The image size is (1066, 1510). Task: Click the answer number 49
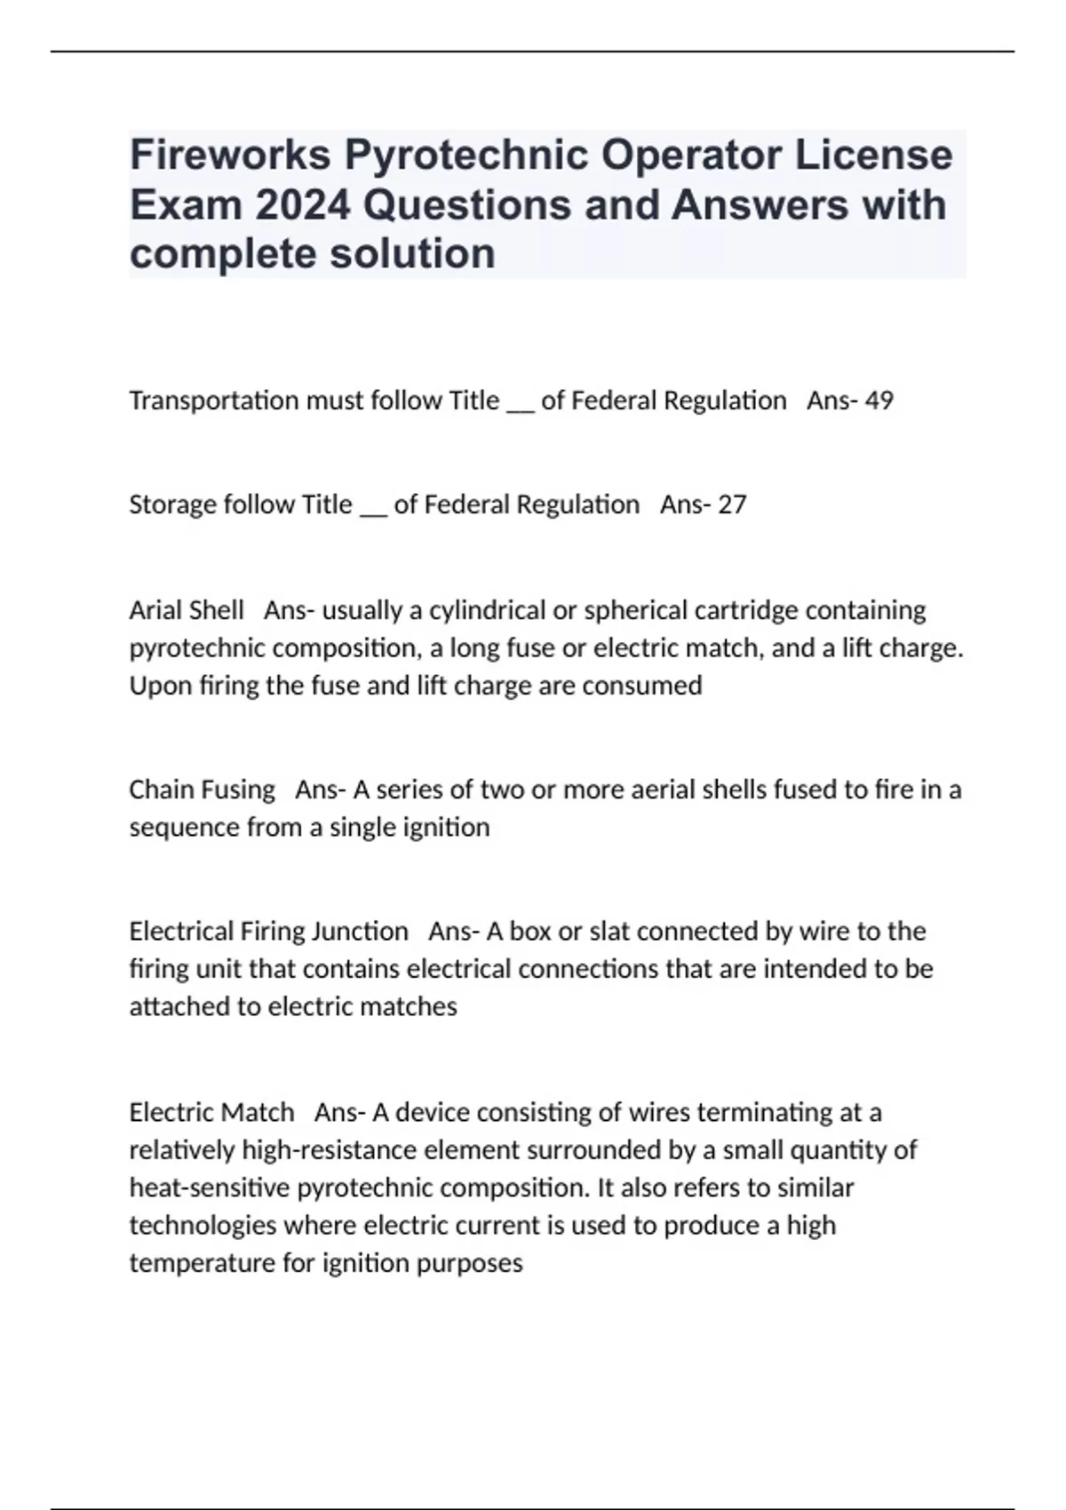pyautogui.click(x=879, y=401)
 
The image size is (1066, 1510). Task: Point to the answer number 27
pyautogui.click(x=732, y=505)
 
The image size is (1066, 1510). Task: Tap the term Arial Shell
pyautogui.click(x=186, y=610)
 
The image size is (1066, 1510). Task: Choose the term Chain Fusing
pyautogui.click(x=202, y=790)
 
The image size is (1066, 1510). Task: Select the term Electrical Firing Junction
pyautogui.click(x=268, y=931)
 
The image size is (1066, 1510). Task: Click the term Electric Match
pyautogui.click(x=211, y=1112)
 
